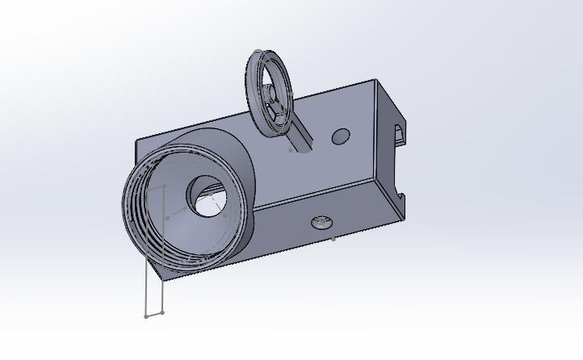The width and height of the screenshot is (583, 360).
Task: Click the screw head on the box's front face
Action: click(x=322, y=220)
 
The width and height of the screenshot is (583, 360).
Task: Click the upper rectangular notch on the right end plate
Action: click(x=399, y=133)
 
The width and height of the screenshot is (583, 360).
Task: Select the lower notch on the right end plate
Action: click(x=401, y=194)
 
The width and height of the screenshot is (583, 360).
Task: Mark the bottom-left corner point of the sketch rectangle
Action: click(x=146, y=316)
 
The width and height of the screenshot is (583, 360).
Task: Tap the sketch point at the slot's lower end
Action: click(x=291, y=149)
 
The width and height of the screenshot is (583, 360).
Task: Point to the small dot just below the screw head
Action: click(x=333, y=238)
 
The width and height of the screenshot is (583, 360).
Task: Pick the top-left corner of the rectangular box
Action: click(x=136, y=141)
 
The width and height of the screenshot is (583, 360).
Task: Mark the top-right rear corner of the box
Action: click(x=375, y=80)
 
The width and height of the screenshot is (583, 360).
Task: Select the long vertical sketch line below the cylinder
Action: click(x=146, y=283)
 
